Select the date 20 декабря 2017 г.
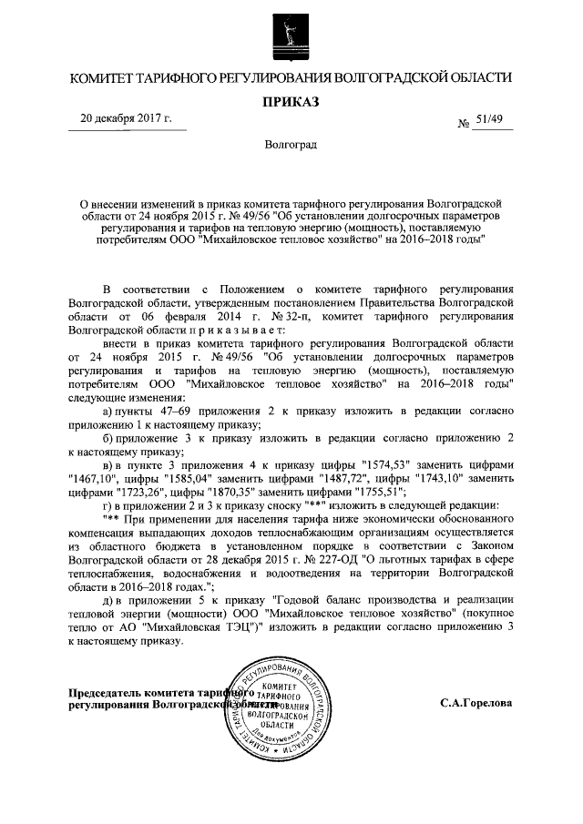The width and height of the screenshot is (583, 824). (131, 118)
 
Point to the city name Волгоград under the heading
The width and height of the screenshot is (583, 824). (291, 145)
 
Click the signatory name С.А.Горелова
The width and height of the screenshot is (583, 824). (476, 703)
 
